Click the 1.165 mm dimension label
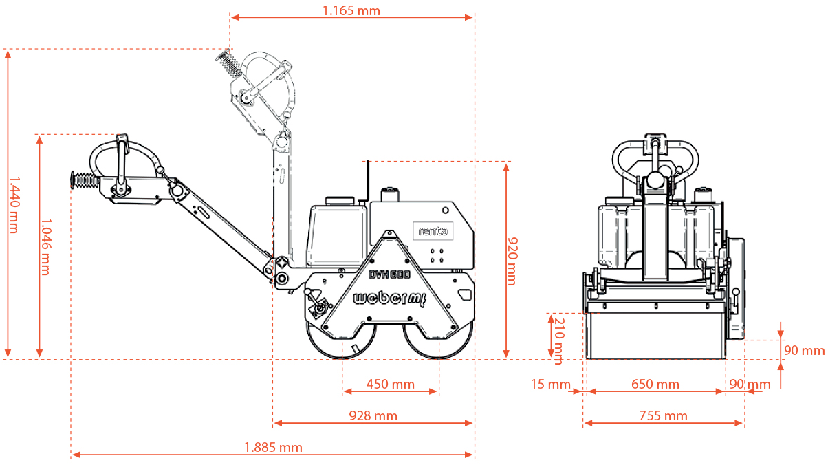click(x=351, y=11)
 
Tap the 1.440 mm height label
click(x=14, y=205)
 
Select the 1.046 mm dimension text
click(x=46, y=247)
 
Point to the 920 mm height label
click(x=512, y=261)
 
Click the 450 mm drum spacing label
click(x=391, y=384)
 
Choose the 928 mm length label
click(x=373, y=416)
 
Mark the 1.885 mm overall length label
click(x=273, y=448)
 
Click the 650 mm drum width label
click(x=655, y=384)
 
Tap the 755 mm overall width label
click(x=663, y=416)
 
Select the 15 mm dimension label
click(x=551, y=384)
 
